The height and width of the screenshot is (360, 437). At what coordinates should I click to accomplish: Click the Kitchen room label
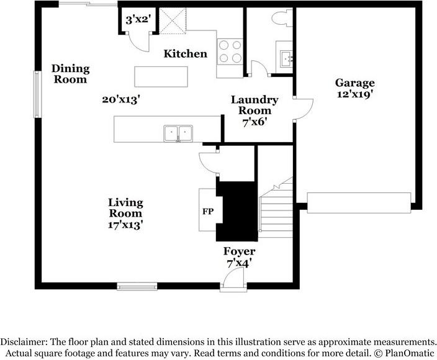tap(186, 54)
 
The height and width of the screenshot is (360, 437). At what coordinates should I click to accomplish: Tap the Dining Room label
tap(71, 74)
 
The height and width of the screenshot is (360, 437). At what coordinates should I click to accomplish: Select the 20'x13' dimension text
tap(120, 99)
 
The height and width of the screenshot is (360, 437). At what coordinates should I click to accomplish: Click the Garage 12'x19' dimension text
tap(355, 94)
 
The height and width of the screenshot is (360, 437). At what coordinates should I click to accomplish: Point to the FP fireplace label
tap(208, 212)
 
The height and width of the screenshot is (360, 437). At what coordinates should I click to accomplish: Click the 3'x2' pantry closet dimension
tap(138, 20)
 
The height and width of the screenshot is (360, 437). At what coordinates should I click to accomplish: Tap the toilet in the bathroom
tap(282, 18)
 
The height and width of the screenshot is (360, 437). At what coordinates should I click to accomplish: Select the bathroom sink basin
tap(286, 59)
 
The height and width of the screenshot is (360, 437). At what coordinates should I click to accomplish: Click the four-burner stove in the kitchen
tap(230, 52)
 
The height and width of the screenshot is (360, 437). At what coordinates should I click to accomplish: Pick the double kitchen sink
tap(178, 133)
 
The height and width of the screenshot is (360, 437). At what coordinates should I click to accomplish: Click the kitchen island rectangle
tap(161, 76)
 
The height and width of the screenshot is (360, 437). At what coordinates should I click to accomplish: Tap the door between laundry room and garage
tap(304, 109)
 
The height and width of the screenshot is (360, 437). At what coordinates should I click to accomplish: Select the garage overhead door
tap(359, 203)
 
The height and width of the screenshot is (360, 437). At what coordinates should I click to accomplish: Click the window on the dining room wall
tap(38, 94)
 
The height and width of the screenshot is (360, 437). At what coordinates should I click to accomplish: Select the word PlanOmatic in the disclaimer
tap(410, 353)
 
